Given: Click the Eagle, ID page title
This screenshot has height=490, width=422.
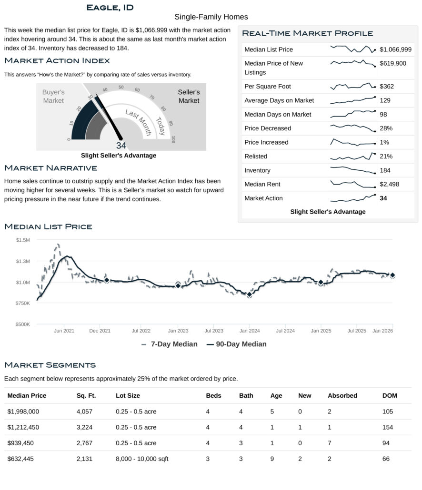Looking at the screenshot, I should pyautogui.click(x=110, y=7).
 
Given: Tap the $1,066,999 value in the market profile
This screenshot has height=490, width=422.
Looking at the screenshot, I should pyautogui.click(x=395, y=49).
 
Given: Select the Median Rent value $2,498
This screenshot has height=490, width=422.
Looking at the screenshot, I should pyautogui.click(x=390, y=184).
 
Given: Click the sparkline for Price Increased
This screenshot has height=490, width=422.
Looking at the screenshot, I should pyautogui.click(x=353, y=142).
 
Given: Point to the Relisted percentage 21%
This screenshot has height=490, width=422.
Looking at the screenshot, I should pyautogui.click(x=386, y=156).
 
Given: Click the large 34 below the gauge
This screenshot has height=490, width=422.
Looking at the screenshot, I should pyautogui.click(x=121, y=146).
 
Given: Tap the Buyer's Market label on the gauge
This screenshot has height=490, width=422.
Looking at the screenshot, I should pyautogui.click(x=53, y=96).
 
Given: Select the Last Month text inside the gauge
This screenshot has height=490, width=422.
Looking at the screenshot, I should pyautogui.click(x=138, y=121).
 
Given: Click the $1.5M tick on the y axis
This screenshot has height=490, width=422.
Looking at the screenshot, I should pyautogui.click(x=23, y=240).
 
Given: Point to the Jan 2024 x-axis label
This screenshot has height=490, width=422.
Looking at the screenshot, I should pyautogui.click(x=249, y=331).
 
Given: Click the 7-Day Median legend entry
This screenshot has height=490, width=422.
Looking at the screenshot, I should pyautogui.click(x=170, y=344).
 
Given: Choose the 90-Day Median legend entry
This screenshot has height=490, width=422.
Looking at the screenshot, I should pyautogui.click(x=236, y=344).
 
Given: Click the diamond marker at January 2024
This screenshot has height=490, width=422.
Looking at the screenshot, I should pyautogui.click(x=249, y=295).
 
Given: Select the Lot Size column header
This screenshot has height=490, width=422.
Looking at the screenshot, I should pyautogui.click(x=128, y=395).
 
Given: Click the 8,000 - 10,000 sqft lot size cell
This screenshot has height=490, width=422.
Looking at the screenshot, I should pyautogui.click(x=142, y=459).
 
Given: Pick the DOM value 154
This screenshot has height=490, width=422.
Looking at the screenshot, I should pyautogui.click(x=388, y=427).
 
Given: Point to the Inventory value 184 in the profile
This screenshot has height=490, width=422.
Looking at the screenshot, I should pyautogui.click(x=386, y=170).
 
